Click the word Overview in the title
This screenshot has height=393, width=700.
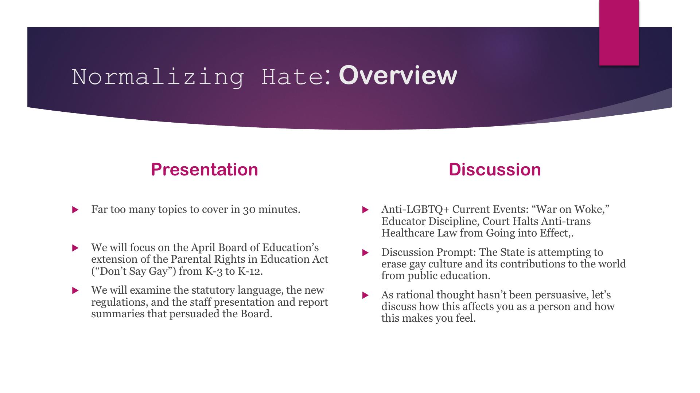click(398, 75)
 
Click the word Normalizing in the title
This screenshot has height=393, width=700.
click(157, 77)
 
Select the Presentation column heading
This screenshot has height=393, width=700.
click(205, 170)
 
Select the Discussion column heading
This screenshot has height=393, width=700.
click(495, 170)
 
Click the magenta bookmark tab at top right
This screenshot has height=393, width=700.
click(619, 33)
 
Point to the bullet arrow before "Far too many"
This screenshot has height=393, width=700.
click(75, 210)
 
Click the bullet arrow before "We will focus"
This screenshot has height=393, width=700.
click(75, 248)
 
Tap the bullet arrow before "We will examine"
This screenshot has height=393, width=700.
click(75, 291)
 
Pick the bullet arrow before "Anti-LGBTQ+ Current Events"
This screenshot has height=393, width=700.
click(366, 210)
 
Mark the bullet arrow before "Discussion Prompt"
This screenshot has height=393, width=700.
click(366, 253)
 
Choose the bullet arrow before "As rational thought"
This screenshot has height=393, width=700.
click(366, 295)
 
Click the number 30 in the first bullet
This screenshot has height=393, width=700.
click(249, 210)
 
